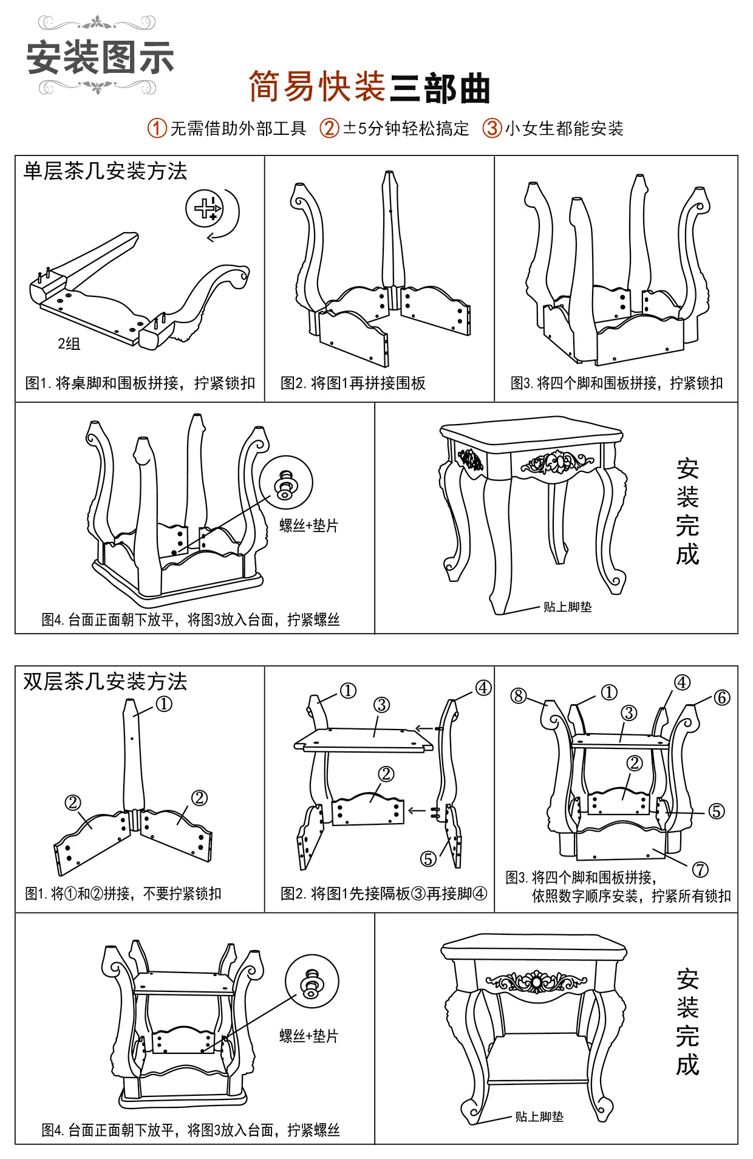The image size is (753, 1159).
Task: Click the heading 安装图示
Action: pyautogui.click(x=100, y=58)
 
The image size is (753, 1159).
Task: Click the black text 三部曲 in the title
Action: pyautogui.click(x=439, y=89)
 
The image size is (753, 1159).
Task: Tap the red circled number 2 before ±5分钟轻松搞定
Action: pyautogui.click(x=329, y=128)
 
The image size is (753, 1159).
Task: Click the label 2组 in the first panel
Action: pyautogui.click(x=69, y=344)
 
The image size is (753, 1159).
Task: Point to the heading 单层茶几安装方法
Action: pyautogui.click(x=105, y=171)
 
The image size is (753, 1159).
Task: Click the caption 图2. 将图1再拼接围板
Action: pyautogui.click(x=353, y=383)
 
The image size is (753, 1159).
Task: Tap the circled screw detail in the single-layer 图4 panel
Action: pyautogui.click(x=286, y=484)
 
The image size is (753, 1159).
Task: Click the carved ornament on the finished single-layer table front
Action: pyautogui.click(x=557, y=463)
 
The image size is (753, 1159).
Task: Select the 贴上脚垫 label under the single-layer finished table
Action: pyautogui.click(x=567, y=607)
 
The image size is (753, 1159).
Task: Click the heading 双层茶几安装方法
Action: pyautogui.click(x=105, y=682)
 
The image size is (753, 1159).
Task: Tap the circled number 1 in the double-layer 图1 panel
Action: pyautogui.click(x=164, y=704)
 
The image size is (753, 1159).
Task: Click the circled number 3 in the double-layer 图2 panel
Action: pyautogui.click(x=381, y=705)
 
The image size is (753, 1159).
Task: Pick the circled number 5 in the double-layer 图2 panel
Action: pyautogui.click(x=429, y=859)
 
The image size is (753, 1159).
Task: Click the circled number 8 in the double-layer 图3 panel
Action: pyautogui.click(x=519, y=696)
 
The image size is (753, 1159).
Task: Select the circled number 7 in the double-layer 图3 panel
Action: pyautogui.click(x=700, y=870)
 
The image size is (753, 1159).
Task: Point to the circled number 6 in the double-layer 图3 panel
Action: pyautogui.click(x=721, y=698)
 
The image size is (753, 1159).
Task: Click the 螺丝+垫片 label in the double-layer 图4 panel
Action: pyautogui.click(x=308, y=1036)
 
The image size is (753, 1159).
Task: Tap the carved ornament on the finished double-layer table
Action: pyautogui.click(x=536, y=982)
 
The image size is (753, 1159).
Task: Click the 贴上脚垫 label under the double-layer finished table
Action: pyautogui.click(x=539, y=1117)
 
